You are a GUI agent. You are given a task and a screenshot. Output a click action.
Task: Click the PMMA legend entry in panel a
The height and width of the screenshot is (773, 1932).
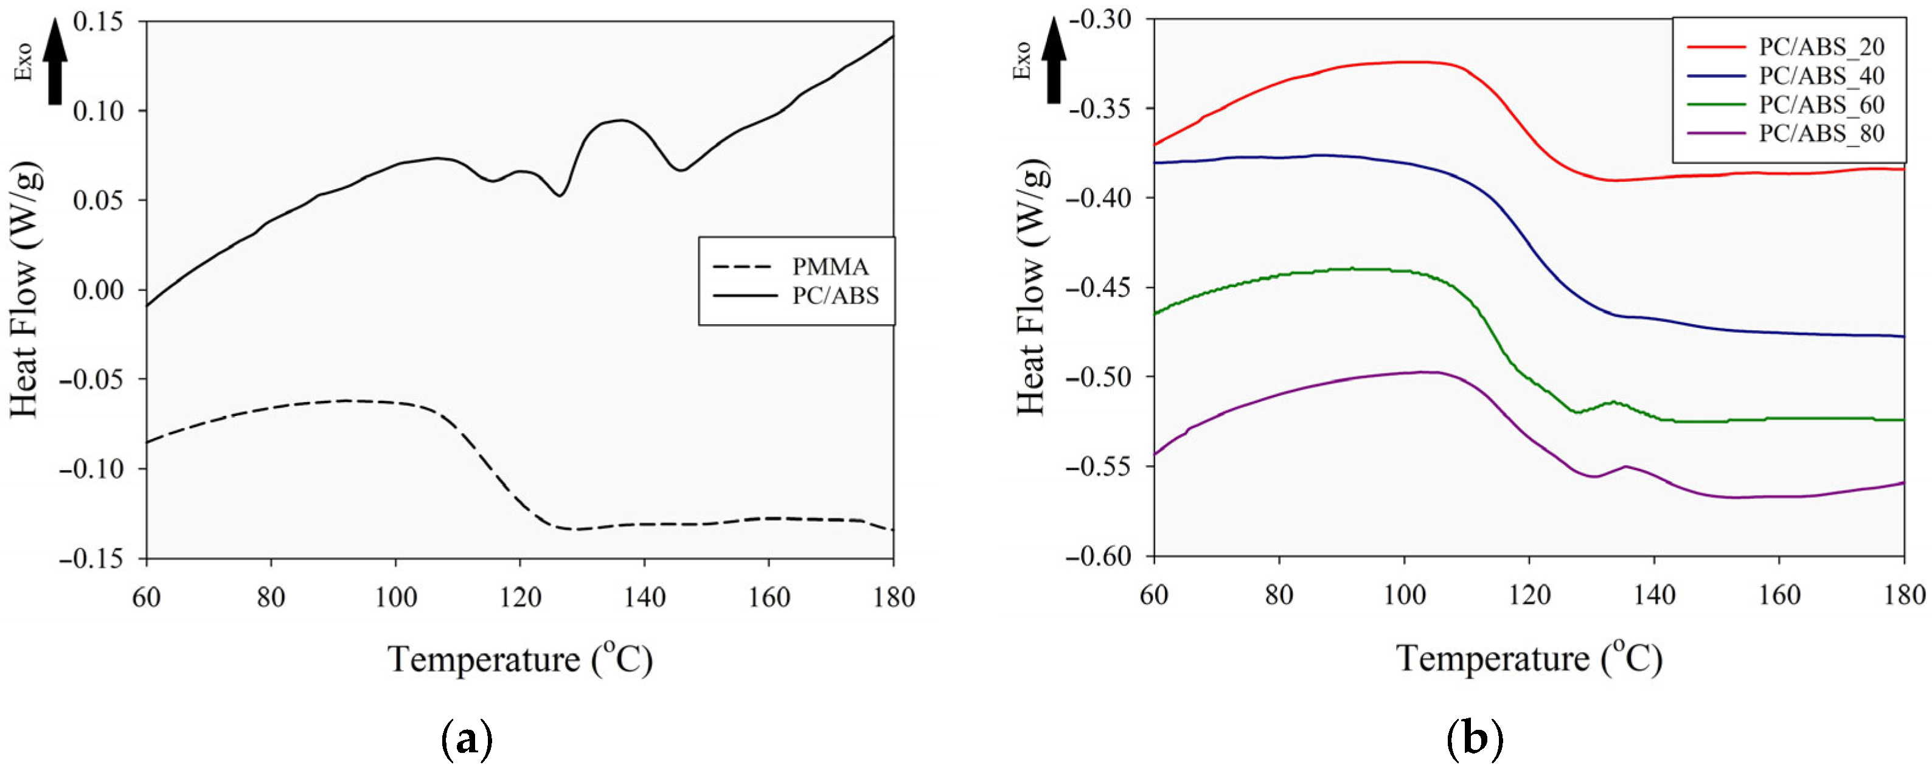830,267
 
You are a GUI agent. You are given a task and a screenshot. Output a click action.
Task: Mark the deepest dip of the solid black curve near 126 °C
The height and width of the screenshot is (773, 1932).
560,196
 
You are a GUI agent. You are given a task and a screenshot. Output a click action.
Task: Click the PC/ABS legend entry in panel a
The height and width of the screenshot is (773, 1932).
835,296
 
